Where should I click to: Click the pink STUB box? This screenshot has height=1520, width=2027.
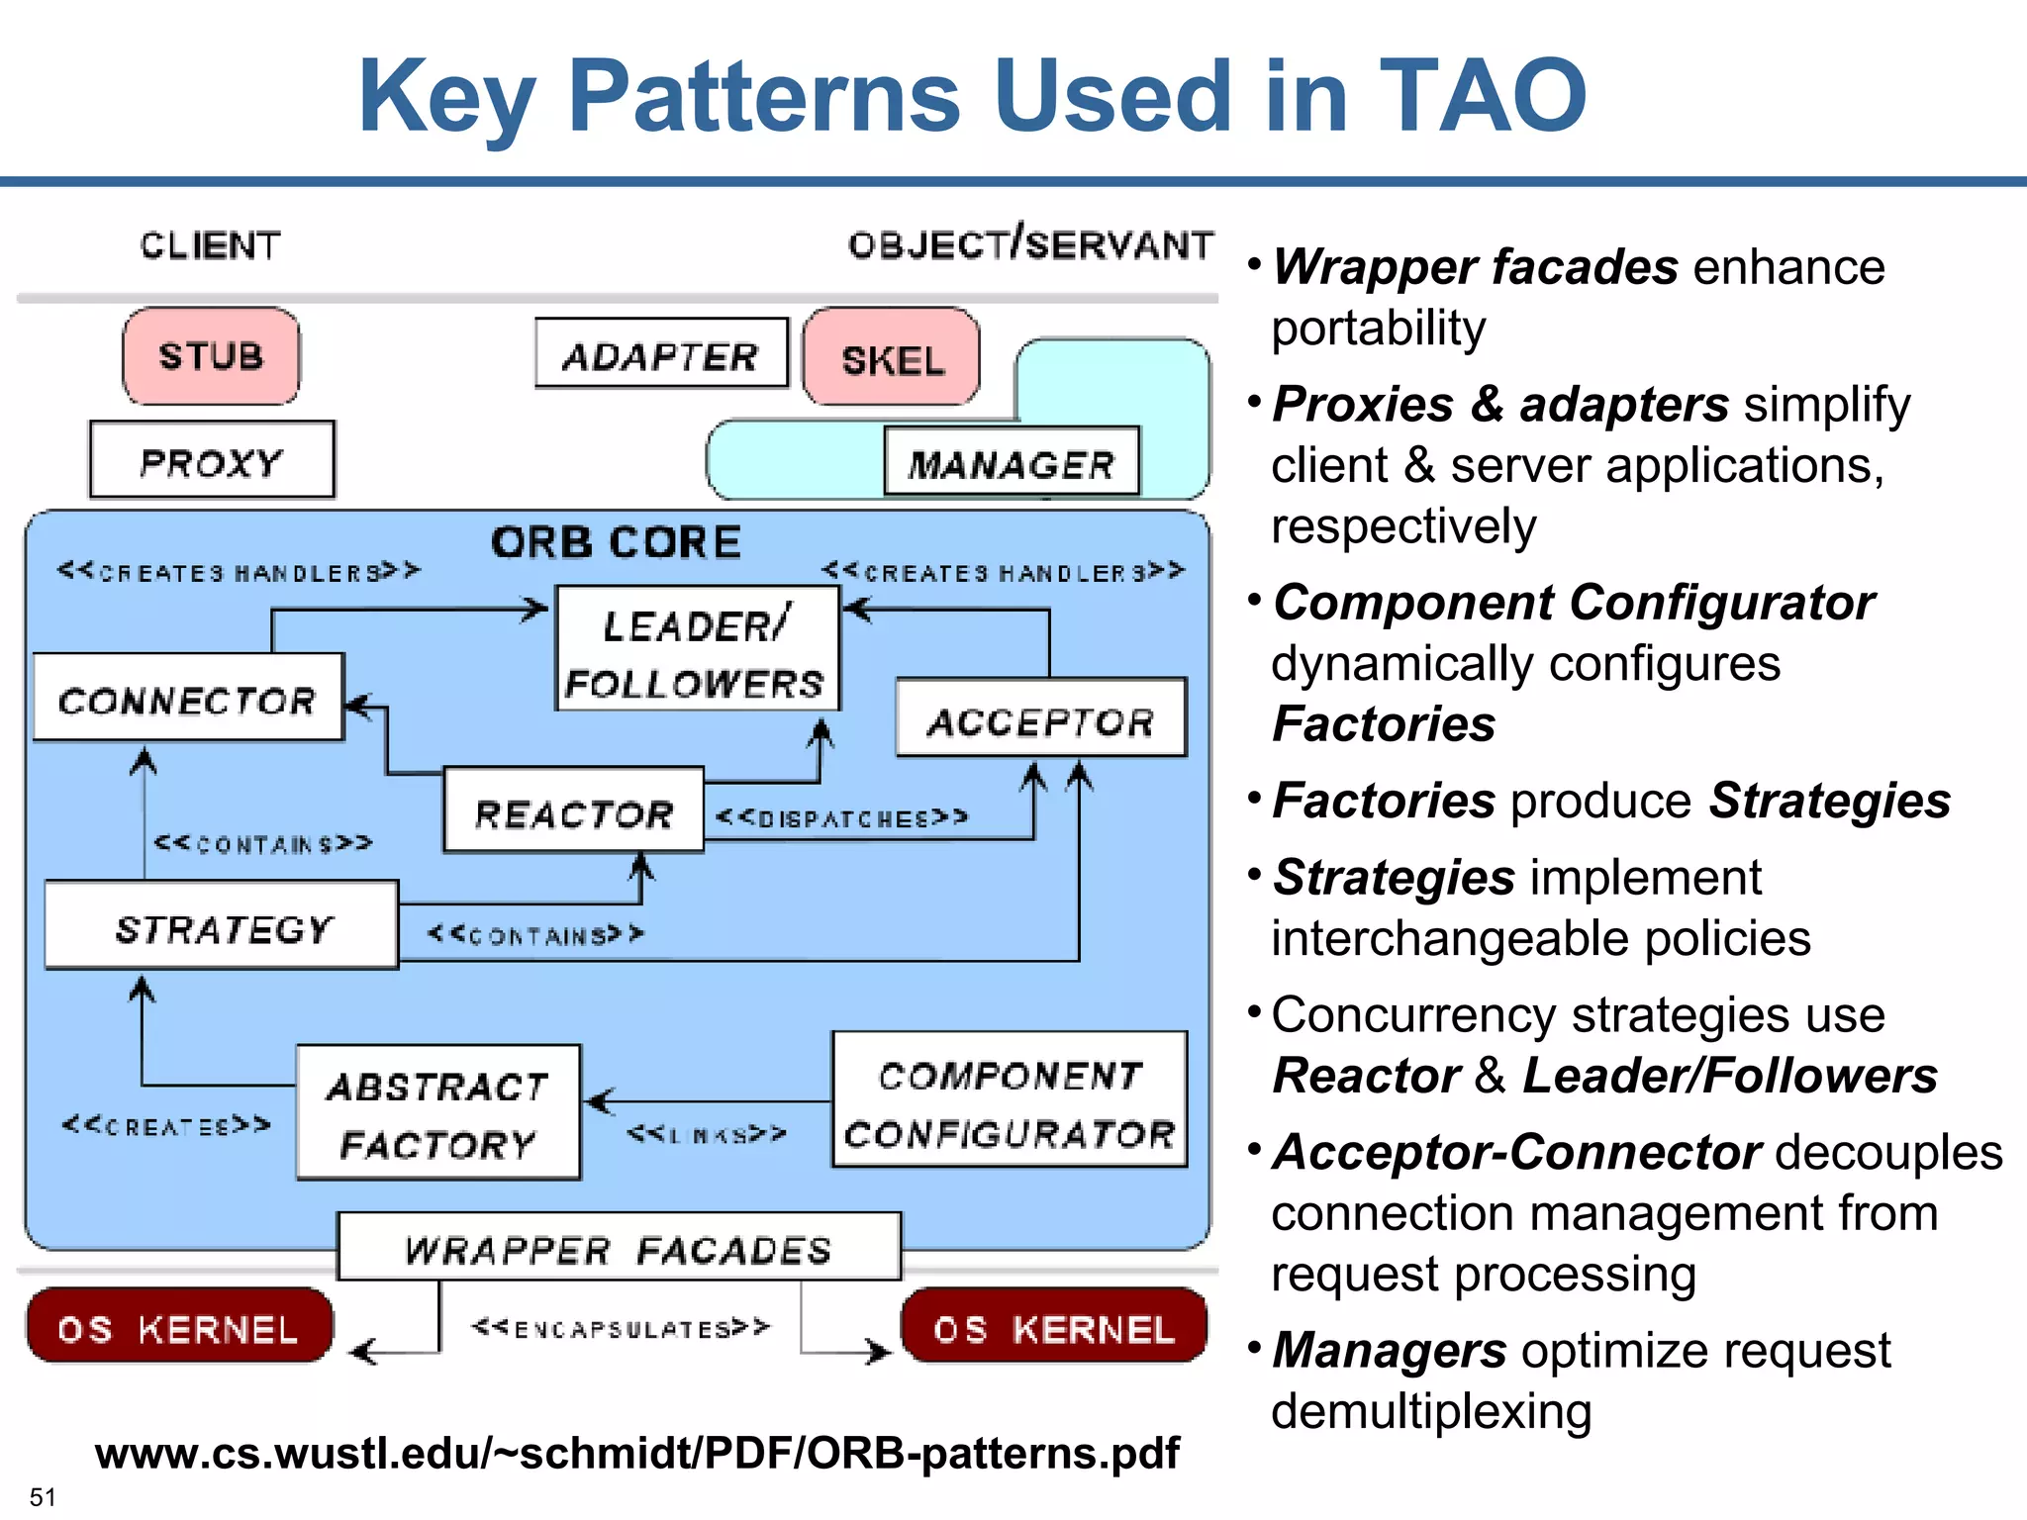tap(211, 356)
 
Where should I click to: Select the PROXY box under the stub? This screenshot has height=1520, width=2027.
tap(212, 461)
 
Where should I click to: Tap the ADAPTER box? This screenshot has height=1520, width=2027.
tap(661, 354)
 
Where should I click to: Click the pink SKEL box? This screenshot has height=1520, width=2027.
tap(892, 358)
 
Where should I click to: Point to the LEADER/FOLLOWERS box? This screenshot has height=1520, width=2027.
tap(697, 649)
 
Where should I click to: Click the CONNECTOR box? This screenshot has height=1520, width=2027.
tap(188, 699)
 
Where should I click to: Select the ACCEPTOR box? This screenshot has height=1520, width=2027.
tap(1040, 719)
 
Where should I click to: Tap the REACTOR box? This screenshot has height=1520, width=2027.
tap(573, 811)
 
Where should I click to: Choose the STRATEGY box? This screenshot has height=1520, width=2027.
tap(222, 926)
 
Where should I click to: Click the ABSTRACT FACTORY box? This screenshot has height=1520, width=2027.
tap(437, 1113)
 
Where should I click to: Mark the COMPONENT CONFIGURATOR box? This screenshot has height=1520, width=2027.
tap(1009, 1101)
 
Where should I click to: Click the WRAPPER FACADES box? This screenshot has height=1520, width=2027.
tap(619, 1248)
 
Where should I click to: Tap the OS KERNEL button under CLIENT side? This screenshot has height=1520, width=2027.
tap(179, 1327)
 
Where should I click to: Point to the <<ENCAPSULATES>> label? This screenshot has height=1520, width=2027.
tap(621, 1328)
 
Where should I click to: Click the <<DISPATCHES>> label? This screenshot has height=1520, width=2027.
tap(841, 818)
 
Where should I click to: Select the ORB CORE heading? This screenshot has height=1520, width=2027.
tap(616, 542)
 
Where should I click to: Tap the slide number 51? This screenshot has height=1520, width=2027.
tap(42, 1496)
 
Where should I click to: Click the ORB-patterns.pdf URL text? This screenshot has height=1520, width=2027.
tap(636, 1453)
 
